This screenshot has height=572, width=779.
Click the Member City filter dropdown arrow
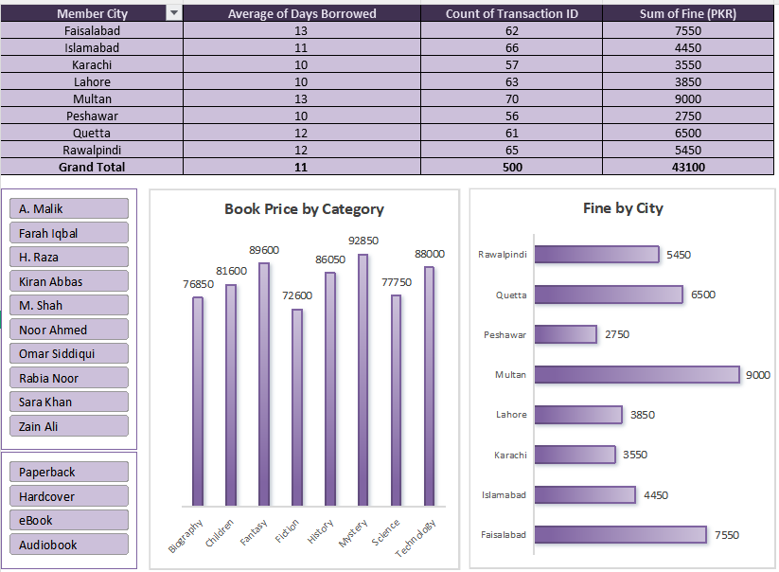[174, 13]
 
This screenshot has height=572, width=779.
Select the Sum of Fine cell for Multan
[687, 98]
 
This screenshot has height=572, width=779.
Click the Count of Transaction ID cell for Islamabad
[512, 47]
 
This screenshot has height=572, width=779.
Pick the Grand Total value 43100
[688, 167]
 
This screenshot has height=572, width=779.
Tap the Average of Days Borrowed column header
[302, 13]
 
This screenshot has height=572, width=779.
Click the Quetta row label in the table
[92, 134]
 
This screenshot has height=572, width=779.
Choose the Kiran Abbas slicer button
[69, 281]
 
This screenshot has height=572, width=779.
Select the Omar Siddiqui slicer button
[69, 353]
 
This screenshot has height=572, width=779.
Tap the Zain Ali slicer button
[69, 426]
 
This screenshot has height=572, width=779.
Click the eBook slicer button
[69, 520]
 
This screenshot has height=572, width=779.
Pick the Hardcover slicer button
[69, 496]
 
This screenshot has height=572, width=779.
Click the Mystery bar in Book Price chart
[363, 380]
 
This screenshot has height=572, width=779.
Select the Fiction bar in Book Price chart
[297, 407]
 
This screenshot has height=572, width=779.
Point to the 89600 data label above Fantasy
[264, 250]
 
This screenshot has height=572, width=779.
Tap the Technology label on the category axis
[416, 538]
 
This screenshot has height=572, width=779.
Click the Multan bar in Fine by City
[637, 375]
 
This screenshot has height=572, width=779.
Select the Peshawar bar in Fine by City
[566, 334]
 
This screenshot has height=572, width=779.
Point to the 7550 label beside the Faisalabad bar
[727, 535]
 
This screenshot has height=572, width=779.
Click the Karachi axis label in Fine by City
[510, 455]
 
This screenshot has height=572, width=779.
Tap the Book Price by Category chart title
[304, 209]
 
